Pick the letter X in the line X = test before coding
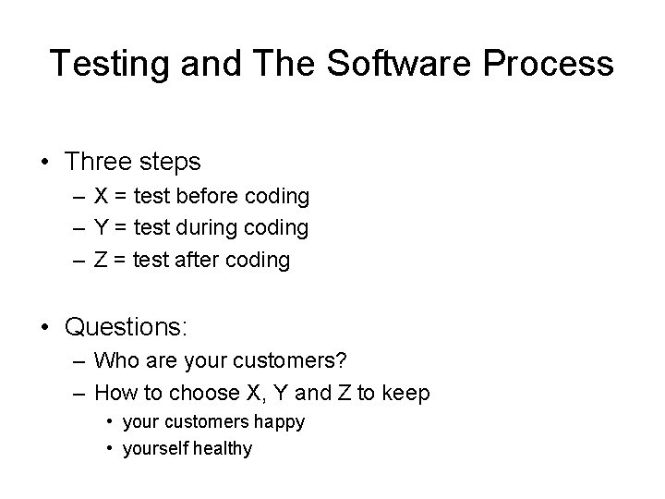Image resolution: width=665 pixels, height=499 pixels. pyautogui.click(x=102, y=197)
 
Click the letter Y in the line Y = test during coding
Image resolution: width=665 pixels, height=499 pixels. pyautogui.click(x=102, y=227)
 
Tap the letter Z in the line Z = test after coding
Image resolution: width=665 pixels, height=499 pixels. pyautogui.click(x=101, y=260)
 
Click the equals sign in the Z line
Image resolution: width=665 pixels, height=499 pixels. pyautogui.click(x=120, y=260)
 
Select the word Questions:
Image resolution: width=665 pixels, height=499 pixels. pyautogui.click(x=127, y=327)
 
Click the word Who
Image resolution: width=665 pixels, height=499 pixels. pyautogui.click(x=115, y=360)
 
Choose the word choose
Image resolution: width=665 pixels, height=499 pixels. pyautogui.click(x=194, y=393)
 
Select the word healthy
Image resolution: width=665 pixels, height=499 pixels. pyautogui.click(x=221, y=449)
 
